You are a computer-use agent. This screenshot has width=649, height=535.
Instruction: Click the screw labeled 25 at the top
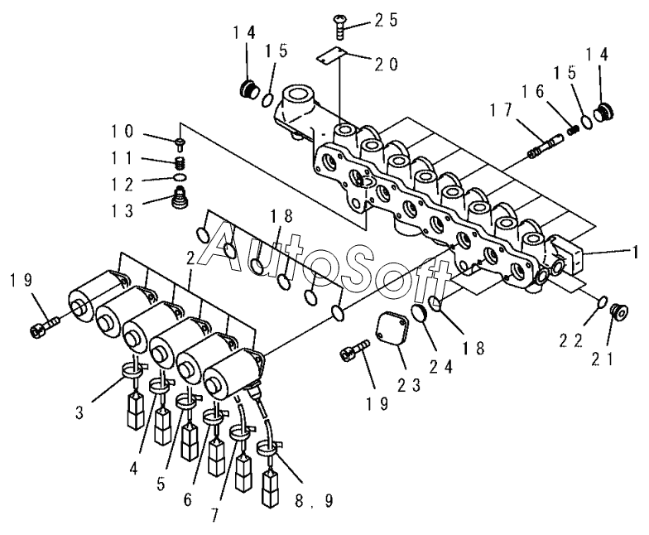tap(339, 27)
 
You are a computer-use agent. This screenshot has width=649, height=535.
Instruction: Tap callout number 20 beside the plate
tap(386, 65)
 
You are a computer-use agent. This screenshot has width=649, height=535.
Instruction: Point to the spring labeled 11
tap(180, 163)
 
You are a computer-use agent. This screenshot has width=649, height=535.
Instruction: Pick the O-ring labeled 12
tap(180, 177)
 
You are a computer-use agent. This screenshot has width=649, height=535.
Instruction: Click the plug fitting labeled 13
tap(180, 197)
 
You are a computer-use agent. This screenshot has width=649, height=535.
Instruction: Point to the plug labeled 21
tap(619, 311)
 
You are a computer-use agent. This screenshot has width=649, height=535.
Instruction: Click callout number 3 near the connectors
tap(80, 412)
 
